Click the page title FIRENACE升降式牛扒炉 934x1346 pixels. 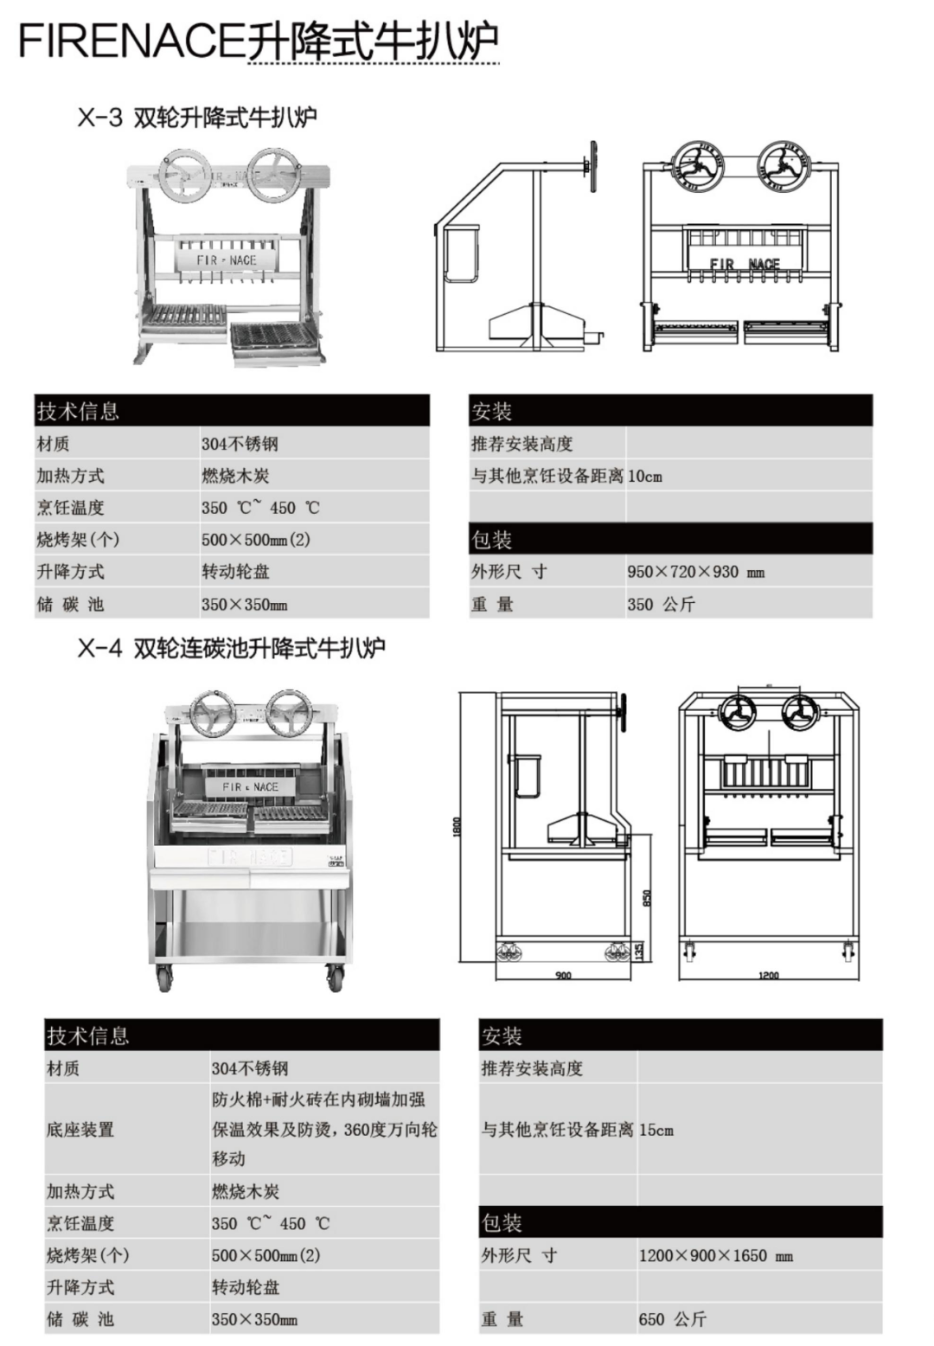pyautogui.click(x=258, y=42)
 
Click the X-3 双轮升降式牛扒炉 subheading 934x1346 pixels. pyautogui.click(x=197, y=117)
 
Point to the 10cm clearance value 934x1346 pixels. pyautogui.click(x=644, y=476)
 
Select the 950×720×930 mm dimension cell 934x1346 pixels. pyautogui.click(x=695, y=572)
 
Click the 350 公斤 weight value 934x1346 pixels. pyautogui.click(x=661, y=604)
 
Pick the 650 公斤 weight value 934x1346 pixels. pyautogui.click(x=672, y=1319)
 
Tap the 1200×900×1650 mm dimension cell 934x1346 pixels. pyautogui.click(x=715, y=1255)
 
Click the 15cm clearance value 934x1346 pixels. pyautogui.click(x=656, y=1130)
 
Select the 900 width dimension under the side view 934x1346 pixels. pyautogui.click(x=563, y=975)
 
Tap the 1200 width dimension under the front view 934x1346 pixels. pyautogui.click(x=768, y=975)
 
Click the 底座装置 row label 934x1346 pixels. pyautogui.click(x=80, y=1130)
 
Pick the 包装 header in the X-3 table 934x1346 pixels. pyautogui.click(x=491, y=540)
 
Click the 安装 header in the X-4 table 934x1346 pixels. pyautogui.click(x=502, y=1035)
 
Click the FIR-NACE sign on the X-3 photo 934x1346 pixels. pyautogui.click(x=227, y=260)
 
